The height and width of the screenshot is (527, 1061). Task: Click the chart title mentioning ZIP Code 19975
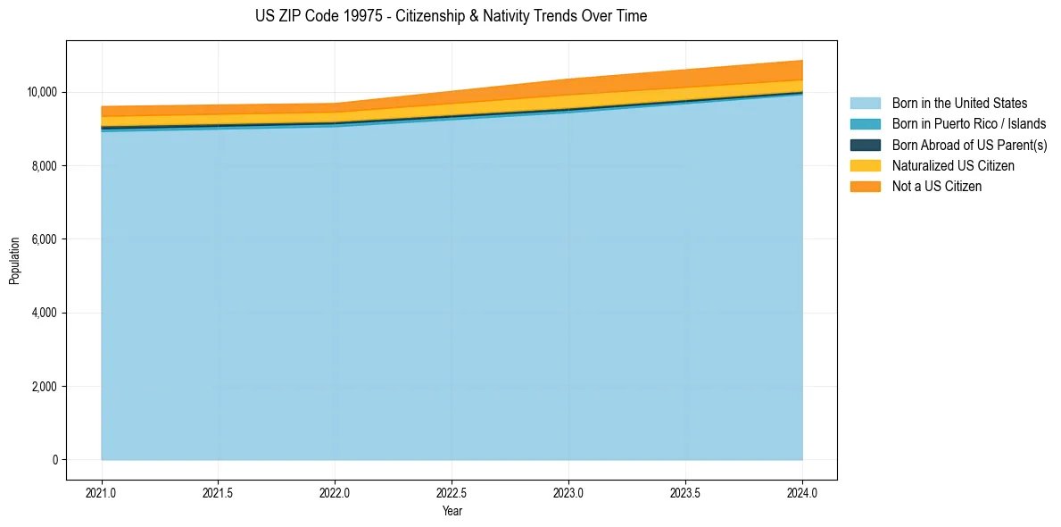pyautogui.click(x=451, y=16)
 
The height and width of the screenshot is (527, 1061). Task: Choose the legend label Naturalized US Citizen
pyautogui.click(x=953, y=166)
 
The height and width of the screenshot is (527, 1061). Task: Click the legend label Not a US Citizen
pyautogui.click(x=937, y=187)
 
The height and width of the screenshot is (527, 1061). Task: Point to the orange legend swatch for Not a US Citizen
pyautogui.click(x=865, y=187)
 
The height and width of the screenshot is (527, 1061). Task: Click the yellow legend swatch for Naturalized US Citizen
pyautogui.click(x=865, y=166)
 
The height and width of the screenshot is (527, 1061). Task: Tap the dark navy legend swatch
pyautogui.click(x=865, y=145)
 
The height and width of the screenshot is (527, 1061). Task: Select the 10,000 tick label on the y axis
pyautogui.click(x=42, y=92)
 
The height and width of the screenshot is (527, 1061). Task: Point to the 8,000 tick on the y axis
pyautogui.click(x=45, y=166)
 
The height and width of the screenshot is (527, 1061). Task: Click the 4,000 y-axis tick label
pyautogui.click(x=45, y=314)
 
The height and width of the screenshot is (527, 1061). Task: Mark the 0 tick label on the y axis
pyautogui.click(x=54, y=460)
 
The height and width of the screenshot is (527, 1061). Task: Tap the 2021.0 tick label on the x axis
pyautogui.click(x=101, y=492)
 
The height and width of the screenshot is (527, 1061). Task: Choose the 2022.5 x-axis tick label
pyautogui.click(x=452, y=492)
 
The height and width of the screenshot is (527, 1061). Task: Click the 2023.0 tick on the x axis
pyautogui.click(x=568, y=492)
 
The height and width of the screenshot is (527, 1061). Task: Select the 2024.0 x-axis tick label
pyautogui.click(x=802, y=492)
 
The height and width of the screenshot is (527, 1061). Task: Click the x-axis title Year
pyautogui.click(x=452, y=511)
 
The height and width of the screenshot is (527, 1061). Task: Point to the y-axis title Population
pyautogui.click(x=14, y=261)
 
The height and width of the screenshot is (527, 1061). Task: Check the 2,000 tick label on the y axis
pyautogui.click(x=45, y=387)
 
